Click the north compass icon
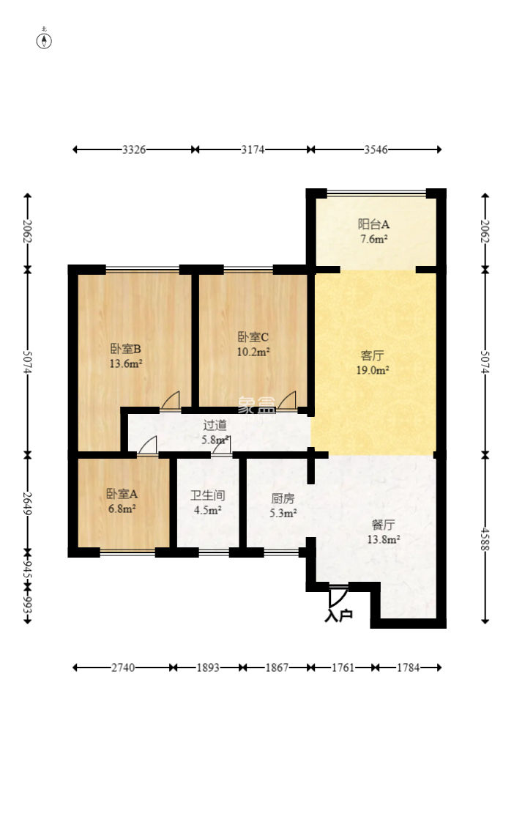pos(45,40)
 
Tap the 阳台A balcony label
pos(373,224)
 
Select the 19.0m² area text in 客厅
pos(373,370)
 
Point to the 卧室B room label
pos(126,348)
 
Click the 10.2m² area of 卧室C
pos(253,351)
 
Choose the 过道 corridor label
pos(215,424)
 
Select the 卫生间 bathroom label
pos(206,495)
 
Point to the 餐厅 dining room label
pos(383,525)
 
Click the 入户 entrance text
pos(338,615)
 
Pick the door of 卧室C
pos(287,400)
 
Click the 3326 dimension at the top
pos(134,149)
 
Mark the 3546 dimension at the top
pos(375,149)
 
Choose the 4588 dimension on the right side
pos(485,537)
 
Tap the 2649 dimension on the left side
pos(28,501)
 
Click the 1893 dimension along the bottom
pos(208,668)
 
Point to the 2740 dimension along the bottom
pos(123,668)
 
